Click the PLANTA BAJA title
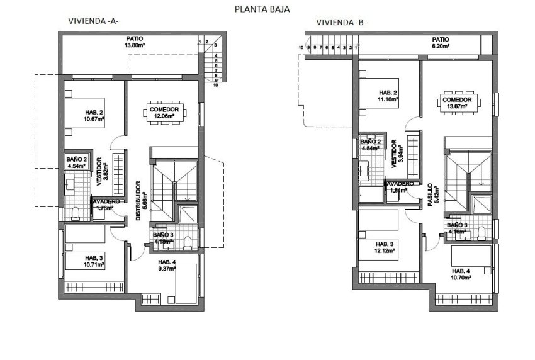pyautogui.click(x=262, y=9)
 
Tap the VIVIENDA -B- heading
pyautogui.click(x=341, y=23)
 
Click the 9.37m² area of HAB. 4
pyautogui.click(x=167, y=270)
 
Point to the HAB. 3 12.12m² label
pyautogui.click(x=385, y=247)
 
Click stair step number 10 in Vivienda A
pyautogui.click(x=215, y=85)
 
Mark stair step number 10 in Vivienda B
pyautogui.click(x=301, y=47)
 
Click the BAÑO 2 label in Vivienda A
pyautogui.click(x=76, y=163)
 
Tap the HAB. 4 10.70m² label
pyautogui.click(x=461, y=274)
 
